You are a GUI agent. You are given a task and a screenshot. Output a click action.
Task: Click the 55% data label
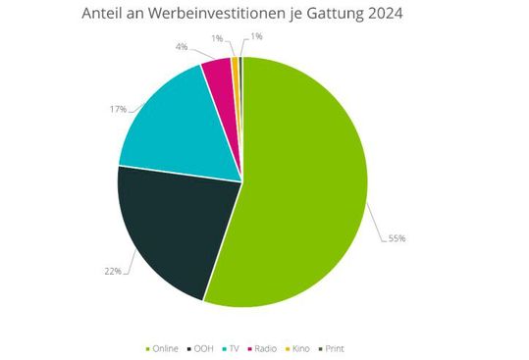(397, 238)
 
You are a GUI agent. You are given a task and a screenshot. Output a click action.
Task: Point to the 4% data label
(182, 45)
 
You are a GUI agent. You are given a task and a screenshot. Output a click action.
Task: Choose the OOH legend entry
(203, 348)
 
